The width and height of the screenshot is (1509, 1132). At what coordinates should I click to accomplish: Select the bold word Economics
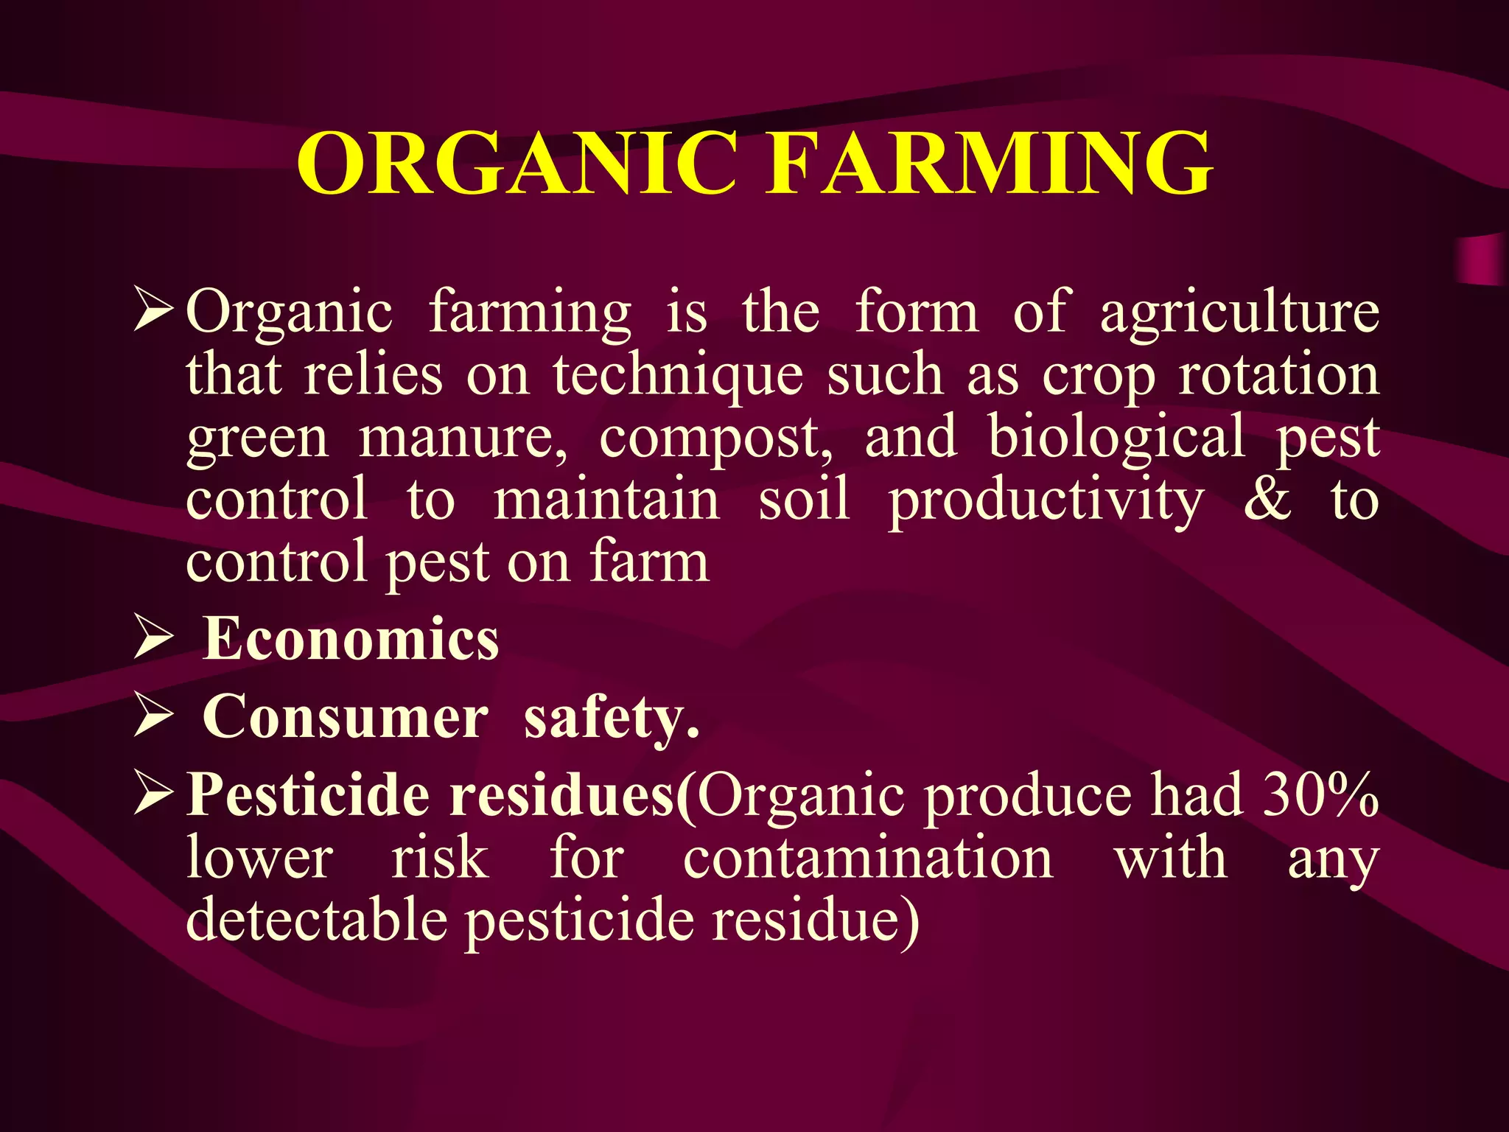tap(351, 638)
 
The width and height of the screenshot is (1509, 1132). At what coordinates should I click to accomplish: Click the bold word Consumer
tap(345, 716)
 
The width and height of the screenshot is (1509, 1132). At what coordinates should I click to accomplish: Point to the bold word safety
tap(611, 718)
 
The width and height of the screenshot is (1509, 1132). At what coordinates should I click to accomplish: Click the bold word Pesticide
tap(308, 795)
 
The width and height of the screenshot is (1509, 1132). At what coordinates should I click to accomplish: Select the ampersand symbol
tap(1267, 500)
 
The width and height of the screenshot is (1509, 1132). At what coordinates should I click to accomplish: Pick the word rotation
tap(1279, 374)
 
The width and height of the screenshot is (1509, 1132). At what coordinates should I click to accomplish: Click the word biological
tap(1117, 436)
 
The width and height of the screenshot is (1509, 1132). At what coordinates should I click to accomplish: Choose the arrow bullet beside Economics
tap(154, 639)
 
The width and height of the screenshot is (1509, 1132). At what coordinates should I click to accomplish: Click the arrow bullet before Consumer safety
tap(154, 717)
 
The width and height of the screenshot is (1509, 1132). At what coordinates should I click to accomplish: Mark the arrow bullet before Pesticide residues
tap(154, 796)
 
